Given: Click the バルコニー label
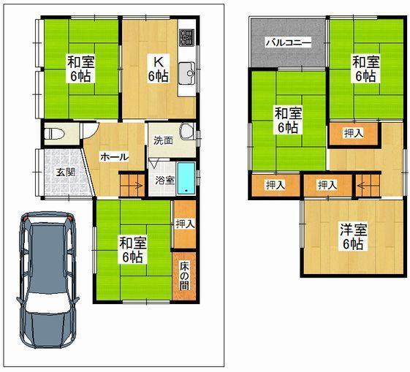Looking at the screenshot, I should point(288,42).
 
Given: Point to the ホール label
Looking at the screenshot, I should point(115,156).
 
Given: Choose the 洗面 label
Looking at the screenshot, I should point(163,140).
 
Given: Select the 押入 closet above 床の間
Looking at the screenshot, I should point(184,224).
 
